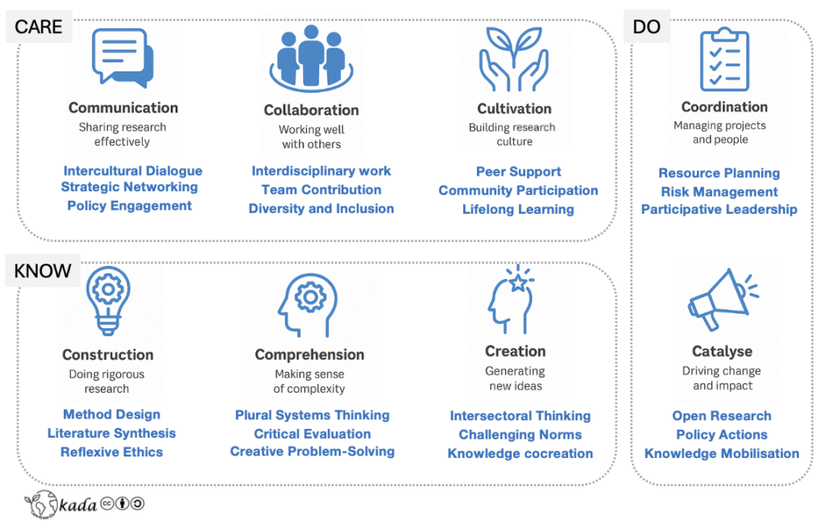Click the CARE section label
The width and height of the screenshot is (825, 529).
pos(39,27)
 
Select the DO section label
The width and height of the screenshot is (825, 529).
pos(646,27)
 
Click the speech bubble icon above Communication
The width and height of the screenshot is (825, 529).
pos(122,57)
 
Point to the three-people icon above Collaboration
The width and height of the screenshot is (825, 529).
pos(311,57)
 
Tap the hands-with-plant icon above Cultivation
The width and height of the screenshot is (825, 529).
pos(513,58)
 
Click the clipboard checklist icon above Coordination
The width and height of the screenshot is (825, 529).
pos(723,59)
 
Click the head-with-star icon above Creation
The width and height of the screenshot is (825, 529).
pos(512,300)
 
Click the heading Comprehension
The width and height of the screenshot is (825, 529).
pos(309,355)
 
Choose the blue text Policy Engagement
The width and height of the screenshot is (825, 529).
pos(130,206)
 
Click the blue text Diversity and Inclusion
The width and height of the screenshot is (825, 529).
pos(321,208)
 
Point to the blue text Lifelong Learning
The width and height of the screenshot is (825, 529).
pos(518,209)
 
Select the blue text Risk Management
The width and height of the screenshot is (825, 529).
pos(719,192)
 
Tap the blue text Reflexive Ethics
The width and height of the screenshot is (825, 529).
pos(111,452)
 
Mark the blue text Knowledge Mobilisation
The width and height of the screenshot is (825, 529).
pos(722,453)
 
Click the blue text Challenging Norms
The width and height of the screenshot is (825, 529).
pos(520,435)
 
